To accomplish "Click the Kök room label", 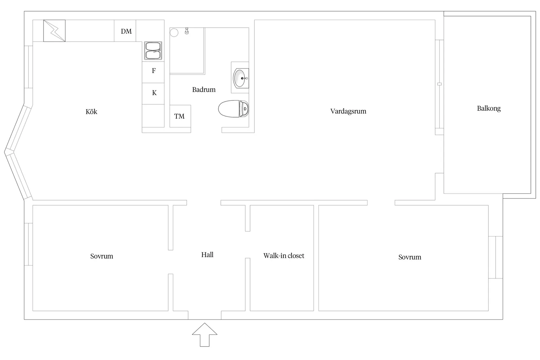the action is [91, 112].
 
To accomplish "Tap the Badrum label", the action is [204, 90].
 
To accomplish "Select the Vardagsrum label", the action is [348, 111].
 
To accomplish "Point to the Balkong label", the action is [489, 109].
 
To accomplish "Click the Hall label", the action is [207, 255].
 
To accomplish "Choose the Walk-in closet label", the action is [284, 256].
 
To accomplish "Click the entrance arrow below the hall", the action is [205, 335].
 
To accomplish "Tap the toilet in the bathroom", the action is [234, 109].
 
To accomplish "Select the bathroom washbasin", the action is [241, 78].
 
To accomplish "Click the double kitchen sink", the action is [153, 51].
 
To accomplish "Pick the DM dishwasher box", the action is [125, 31].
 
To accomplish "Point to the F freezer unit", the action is [153, 72].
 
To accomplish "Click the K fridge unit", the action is [153, 94].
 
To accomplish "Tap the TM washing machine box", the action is [180, 116].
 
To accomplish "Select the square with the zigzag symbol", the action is [54, 31].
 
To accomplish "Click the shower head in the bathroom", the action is [187, 31].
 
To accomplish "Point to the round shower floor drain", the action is [174, 32].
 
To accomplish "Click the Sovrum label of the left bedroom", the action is [101, 256].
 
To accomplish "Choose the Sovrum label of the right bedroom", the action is [409, 257].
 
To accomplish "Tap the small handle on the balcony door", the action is [440, 84].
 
